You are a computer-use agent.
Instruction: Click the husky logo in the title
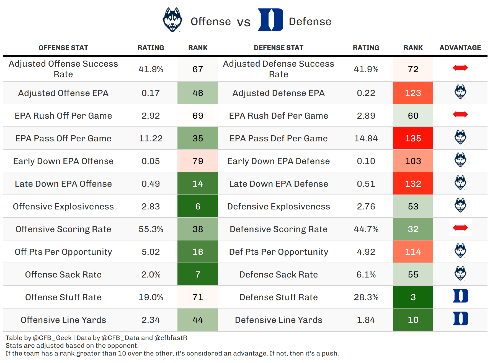click(x=172, y=20)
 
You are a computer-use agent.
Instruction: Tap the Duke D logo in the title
click(x=270, y=20)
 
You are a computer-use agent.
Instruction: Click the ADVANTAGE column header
click(x=460, y=48)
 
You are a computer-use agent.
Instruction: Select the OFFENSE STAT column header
click(x=63, y=48)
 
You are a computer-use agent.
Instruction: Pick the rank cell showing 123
click(x=413, y=93)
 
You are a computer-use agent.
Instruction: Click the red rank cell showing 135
click(x=413, y=138)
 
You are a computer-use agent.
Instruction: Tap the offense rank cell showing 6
click(x=198, y=206)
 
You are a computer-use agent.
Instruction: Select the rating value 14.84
click(x=366, y=138)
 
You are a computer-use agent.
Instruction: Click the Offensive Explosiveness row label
click(x=63, y=206)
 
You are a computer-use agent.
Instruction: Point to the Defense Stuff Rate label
click(x=278, y=297)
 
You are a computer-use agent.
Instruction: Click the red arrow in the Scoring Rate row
click(x=460, y=228)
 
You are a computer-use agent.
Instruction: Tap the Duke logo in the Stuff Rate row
click(x=460, y=296)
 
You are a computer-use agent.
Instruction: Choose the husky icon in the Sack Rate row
click(x=460, y=273)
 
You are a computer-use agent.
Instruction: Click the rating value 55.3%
click(x=151, y=229)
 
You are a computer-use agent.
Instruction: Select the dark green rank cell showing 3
click(x=413, y=297)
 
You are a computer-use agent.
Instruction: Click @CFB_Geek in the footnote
click(x=52, y=338)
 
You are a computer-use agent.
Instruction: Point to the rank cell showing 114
click(x=413, y=252)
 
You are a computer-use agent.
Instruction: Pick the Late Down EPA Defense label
click(x=278, y=184)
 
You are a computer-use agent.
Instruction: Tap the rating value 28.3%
click(x=366, y=297)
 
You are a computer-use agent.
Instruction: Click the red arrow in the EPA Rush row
click(x=460, y=114)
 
